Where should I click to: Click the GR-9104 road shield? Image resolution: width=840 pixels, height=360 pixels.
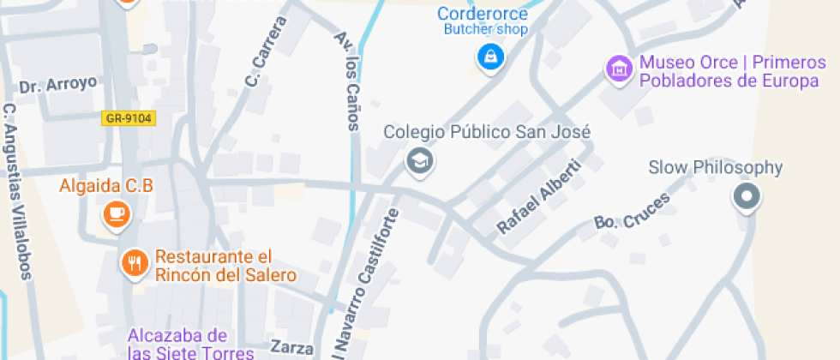(129, 118)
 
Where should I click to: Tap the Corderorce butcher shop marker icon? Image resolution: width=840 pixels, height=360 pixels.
(490, 57)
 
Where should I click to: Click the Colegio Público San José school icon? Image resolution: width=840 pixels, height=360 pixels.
(419, 160)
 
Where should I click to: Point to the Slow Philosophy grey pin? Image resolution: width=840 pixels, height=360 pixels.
(747, 197)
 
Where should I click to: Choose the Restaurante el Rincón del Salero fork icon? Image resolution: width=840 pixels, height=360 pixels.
(134, 262)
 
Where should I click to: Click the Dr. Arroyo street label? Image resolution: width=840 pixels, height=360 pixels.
(58, 85)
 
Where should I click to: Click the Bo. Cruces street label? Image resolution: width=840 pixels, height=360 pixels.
(632, 211)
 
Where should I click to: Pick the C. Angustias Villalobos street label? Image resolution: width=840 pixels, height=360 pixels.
(18, 192)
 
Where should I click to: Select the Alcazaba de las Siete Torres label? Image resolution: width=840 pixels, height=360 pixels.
(178, 344)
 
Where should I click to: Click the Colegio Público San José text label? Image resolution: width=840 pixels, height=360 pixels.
(487, 133)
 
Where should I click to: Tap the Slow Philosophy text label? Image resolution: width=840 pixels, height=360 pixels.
(716, 167)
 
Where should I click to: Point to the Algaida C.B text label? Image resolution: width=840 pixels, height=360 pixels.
(105, 185)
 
